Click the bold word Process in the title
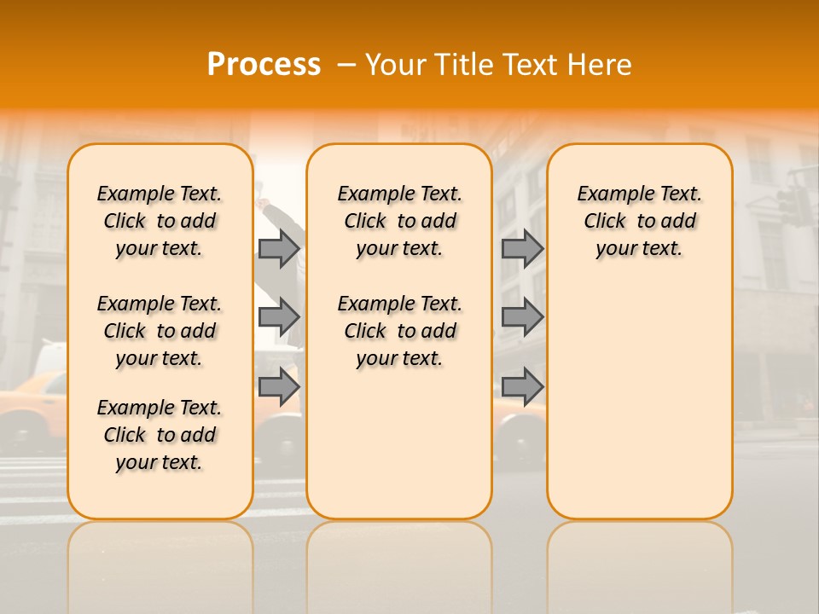[x=264, y=65]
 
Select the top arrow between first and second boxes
[x=279, y=248]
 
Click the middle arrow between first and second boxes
[x=279, y=317]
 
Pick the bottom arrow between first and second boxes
[x=279, y=386]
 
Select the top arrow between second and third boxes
[x=522, y=248]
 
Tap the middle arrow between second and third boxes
[x=522, y=317]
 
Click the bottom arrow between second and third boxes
[x=522, y=386]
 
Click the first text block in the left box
[x=160, y=221]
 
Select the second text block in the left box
[x=160, y=331]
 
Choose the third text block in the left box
[x=160, y=435]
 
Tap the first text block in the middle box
[x=399, y=221]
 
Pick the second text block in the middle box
[x=399, y=331]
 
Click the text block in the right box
[x=639, y=221]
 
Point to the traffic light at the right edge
[x=794, y=205]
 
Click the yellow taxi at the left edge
[x=30, y=409]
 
